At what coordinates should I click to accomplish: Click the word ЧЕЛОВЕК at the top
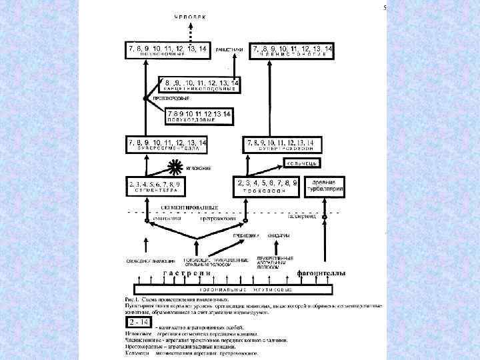(x=190, y=15)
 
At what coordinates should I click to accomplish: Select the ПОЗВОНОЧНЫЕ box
(x=167, y=50)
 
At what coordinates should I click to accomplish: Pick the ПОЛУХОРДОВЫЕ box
(x=199, y=117)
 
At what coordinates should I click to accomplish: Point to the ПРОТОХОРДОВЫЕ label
(x=165, y=98)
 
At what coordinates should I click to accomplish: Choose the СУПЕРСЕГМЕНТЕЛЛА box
(x=167, y=145)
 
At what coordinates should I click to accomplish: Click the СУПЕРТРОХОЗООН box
(x=283, y=145)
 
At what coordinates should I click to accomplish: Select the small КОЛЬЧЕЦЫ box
(x=304, y=163)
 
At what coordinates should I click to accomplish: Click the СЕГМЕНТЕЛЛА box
(x=159, y=186)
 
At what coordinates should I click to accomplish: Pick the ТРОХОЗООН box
(x=266, y=186)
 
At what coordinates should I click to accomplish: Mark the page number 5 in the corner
(x=385, y=8)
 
